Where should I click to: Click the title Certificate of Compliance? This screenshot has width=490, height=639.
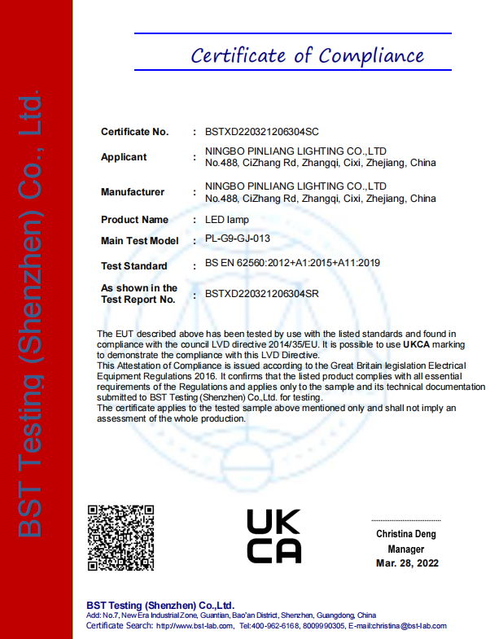point(307,56)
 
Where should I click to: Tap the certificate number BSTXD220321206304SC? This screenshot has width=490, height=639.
point(262,131)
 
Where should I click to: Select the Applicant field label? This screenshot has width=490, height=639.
point(124,157)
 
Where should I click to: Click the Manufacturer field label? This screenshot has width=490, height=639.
point(133,192)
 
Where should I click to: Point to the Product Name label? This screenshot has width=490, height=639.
point(134,220)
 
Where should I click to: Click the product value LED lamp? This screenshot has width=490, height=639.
point(227,220)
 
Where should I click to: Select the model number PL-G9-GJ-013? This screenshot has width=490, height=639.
point(238,239)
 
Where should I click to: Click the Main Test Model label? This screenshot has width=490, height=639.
point(139,241)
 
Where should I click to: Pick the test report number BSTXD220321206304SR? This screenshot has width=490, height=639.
point(262,293)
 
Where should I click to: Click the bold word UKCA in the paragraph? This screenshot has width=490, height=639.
point(416,344)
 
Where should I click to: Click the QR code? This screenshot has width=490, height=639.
point(120,538)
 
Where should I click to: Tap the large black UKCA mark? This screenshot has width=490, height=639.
point(273,536)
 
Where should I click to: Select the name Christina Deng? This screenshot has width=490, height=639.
point(406,534)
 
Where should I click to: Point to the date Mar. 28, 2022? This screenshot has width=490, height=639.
point(407,564)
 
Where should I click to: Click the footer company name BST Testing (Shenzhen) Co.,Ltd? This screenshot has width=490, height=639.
point(160,605)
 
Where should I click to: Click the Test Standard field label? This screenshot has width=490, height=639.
point(133,266)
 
